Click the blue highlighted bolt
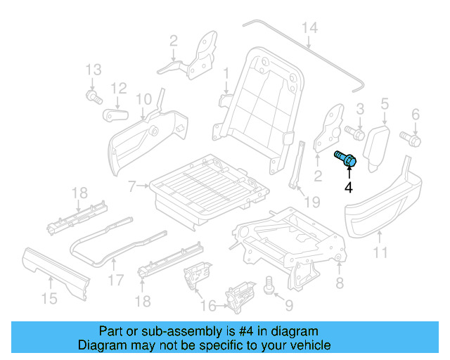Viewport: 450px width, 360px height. pyautogui.click(x=346, y=159)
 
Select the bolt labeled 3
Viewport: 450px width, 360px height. pyautogui.click(x=354, y=131)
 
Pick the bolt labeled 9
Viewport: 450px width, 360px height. pyautogui.click(x=268, y=284)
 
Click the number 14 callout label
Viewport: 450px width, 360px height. pyautogui.click(x=310, y=28)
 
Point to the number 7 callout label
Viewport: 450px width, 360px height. pyautogui.click(x=131, y=187)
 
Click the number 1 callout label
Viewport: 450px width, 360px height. pyautogui.click(x=226, y=73)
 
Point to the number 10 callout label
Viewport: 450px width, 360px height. pyautogui.click(x=143, y=98)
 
